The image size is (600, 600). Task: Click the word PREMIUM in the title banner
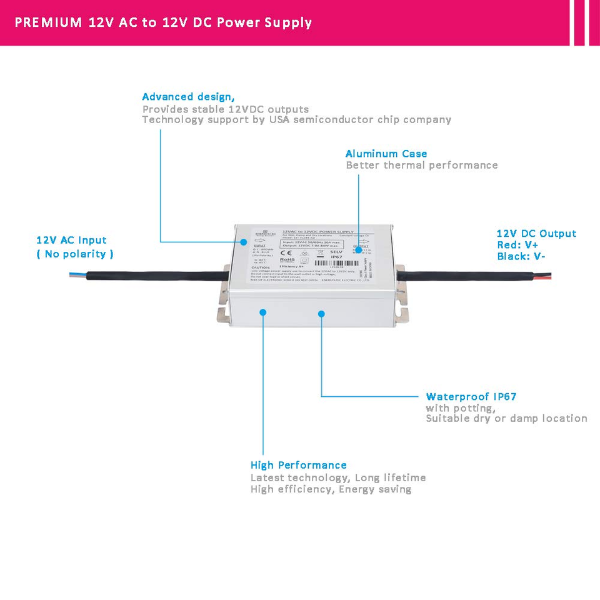point(48,22)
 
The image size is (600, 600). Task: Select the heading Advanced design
point(188,97)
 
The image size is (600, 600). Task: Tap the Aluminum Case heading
point(386,154)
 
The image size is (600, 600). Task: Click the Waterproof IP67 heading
point(471,397)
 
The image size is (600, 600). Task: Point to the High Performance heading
point(298,465)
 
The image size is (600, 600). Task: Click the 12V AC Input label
point(71,241)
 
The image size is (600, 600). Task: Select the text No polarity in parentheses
point(75,254)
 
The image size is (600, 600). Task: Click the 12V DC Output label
point(536,234)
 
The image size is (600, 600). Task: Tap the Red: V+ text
point(517,245)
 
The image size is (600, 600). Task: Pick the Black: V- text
point(521,256)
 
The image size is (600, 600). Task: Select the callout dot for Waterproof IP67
point(321,312)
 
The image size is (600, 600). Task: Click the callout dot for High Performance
point(263,311)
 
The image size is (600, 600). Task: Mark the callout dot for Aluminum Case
point(359,247)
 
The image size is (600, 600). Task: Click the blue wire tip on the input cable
point(74,274)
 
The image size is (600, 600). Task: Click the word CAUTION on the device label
point(243,266)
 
